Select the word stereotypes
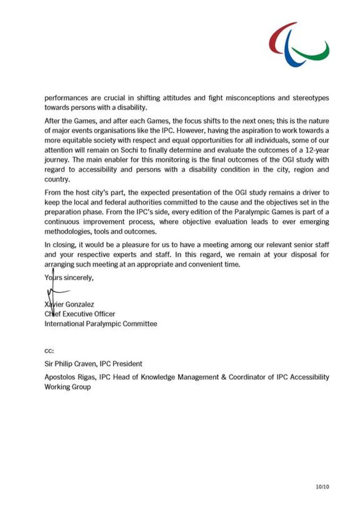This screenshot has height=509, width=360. [x=311, y=98]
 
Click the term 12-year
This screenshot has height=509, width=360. [x=317, y=150]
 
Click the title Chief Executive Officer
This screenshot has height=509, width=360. [x=80, y=314]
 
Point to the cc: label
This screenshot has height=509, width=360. [x=49, y=351]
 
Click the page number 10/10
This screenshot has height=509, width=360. [x=322, y=487]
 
